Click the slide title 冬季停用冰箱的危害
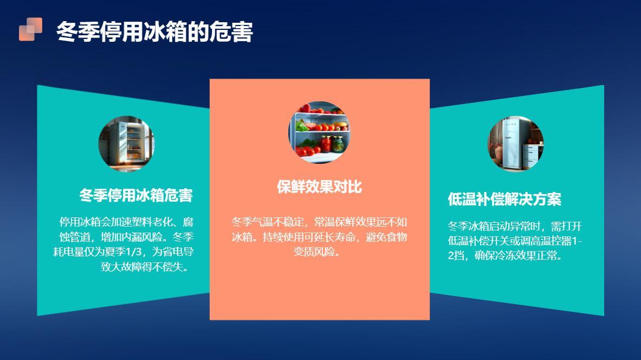[154, 32]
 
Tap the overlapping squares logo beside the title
[30, 29]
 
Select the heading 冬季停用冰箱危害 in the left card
[136, 195]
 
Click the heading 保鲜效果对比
[319, 187]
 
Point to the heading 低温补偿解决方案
[504, 199]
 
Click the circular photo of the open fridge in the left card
[126, 144]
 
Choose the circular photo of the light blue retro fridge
[515, 144]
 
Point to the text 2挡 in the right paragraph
[456, 255]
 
